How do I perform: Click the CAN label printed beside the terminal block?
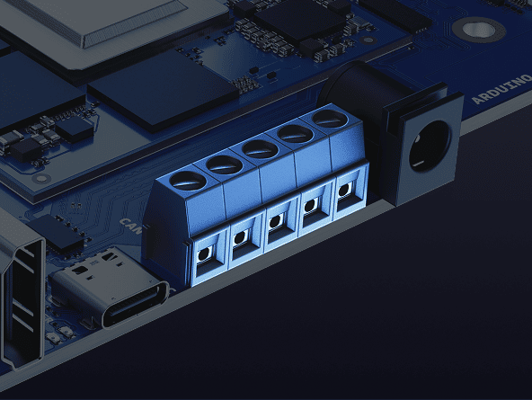(x=129, y=222)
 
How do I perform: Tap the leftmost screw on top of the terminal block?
(x=187, y=179)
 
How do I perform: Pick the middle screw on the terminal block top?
(x=261, y=148)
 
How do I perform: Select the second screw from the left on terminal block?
(x=224, y=164)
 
